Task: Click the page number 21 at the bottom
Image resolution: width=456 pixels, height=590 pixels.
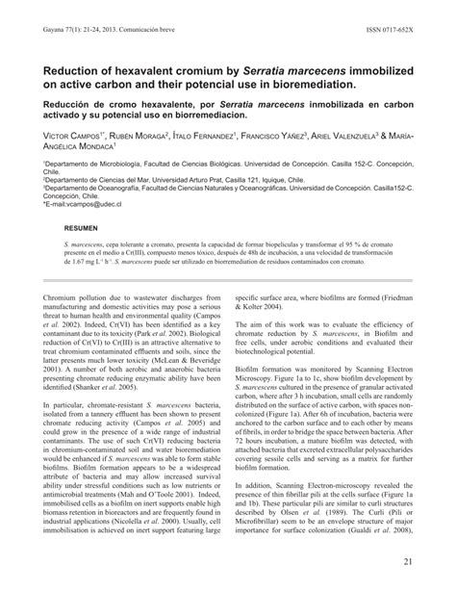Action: pos(436,561)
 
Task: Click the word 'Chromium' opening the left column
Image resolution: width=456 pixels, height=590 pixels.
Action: pos(63,272)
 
